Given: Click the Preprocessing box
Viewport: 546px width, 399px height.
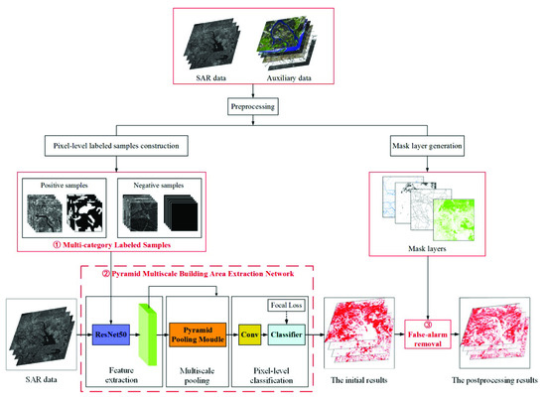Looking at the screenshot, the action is pyautogui.click(x=253, y=106).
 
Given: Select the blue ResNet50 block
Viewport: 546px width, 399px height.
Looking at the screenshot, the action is pyautogui.click(x=111, y=334).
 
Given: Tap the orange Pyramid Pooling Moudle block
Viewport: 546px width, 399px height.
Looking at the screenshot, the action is pyautogui.click(x=198, y=334).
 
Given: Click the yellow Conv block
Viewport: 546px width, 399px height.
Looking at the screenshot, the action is pyautogui.click(x=249, y=334).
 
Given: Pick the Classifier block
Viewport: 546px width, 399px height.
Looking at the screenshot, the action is pyautogui.click(x=286, y=334).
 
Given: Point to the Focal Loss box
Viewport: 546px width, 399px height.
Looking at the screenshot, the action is pyautogui.click(x=286, y=306).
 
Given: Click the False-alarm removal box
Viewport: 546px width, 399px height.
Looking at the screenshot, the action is pyautogui.click(x=428, y=334).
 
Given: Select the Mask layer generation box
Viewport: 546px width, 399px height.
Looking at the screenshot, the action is pyautogui.click(x=427, y=146).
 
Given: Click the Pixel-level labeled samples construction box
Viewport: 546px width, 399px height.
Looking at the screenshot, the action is pyautogui.click(x=116, y=146).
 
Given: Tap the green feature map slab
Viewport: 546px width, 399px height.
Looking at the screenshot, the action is pyautogui.click(x=148, y=334).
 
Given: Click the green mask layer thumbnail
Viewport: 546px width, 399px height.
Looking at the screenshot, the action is pyautogui.click(x=454, y=219).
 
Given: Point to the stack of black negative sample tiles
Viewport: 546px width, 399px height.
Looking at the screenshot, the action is pyautogui.click(x=181, y=212).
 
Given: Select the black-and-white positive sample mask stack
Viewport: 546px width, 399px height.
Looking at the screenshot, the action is pyautogui.click(x=85, y=212).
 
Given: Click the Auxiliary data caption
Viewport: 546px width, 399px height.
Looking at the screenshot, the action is pyautogui.click(x=289, y=78).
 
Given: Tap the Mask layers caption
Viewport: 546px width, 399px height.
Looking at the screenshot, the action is pyautogui.click(x=427, y=248).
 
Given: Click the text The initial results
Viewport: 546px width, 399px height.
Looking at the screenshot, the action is pyautogui.click(x=359, y=380).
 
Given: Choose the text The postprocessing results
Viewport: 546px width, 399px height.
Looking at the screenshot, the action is pyautogui.click(x=494, y=380).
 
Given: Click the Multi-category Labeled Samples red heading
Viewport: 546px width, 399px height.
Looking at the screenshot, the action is pyautogui.click(x=112, y=245).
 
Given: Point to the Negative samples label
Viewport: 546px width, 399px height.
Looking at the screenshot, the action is pyautogui.click(x=159, y=186).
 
